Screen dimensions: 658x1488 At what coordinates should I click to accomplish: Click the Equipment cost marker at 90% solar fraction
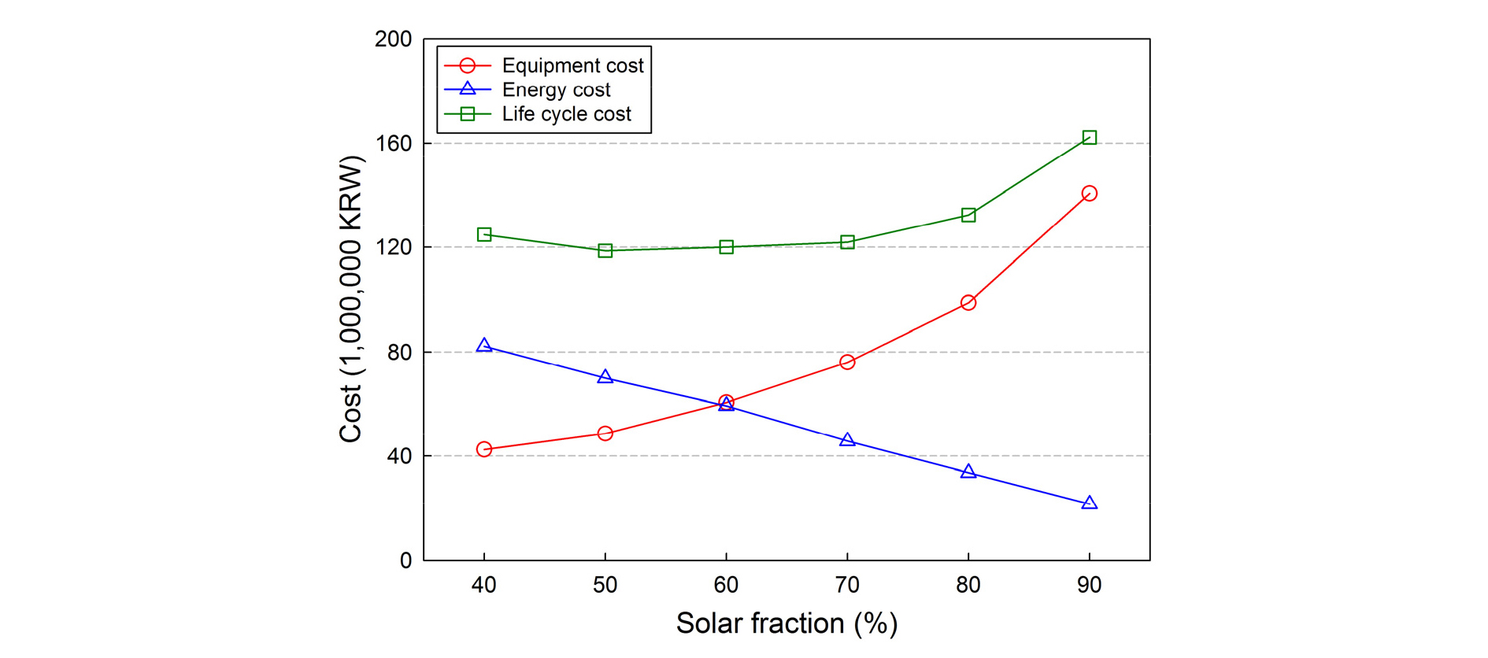[x=1089, y=193]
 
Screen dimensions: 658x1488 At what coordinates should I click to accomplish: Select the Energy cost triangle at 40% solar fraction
[x=484, y=346]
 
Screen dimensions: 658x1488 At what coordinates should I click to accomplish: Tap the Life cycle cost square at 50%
[x=605, y=250]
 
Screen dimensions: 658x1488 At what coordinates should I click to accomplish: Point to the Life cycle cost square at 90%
[x=1089, y=138]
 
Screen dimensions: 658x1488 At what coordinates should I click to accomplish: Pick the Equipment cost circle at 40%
[x=484, y=449]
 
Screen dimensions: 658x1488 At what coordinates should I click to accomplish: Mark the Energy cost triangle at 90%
[x=1089, y=503]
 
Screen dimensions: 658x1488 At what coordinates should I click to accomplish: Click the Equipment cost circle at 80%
[x=968, y=302]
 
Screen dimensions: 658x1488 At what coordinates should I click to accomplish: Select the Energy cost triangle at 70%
[x=847, y=440]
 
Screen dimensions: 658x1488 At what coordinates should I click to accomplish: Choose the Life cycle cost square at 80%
[x=968, y=215]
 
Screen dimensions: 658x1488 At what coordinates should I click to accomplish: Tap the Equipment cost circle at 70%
[x=847, y=362]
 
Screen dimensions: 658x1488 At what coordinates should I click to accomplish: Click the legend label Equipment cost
[x=572, y=65]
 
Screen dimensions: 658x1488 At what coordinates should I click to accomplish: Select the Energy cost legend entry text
[x=556, y=90]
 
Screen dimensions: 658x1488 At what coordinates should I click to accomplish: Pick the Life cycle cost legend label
[x=566, y=114]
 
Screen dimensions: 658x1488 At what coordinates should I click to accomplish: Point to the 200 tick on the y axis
[x=394, y=39]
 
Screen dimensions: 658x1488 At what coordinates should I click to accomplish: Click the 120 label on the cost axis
[x=394, y=247]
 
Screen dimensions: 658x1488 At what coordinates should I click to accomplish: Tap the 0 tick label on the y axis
[x=405, y=560]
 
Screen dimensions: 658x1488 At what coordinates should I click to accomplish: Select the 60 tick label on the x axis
[x=726, y=585]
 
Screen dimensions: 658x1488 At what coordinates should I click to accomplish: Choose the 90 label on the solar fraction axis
[x=1089, y=585]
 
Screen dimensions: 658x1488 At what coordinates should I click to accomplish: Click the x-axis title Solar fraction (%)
[x=787, y=623]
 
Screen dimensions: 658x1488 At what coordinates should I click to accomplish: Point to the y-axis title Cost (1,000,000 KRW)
[x=350, y=299]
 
